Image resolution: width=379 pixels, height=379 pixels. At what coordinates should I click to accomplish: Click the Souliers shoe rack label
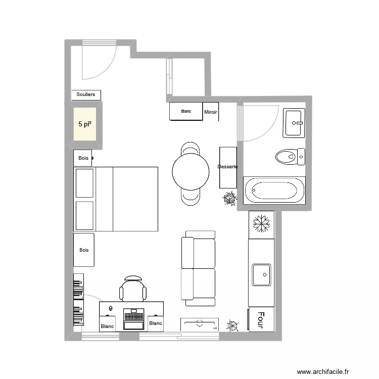point(85,94)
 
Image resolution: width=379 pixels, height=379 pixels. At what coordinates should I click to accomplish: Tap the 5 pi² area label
point(85,124)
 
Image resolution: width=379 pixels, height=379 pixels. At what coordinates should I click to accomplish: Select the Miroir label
point(211,112)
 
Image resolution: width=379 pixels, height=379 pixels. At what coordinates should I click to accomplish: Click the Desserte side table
point(228,167)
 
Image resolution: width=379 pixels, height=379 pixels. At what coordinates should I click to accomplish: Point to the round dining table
point(191,172)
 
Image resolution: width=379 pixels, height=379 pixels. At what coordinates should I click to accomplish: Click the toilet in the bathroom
point(290,157)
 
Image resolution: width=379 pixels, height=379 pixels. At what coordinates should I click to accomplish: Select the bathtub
point(274,190)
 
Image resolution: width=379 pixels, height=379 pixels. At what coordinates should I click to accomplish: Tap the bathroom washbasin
point(294,123)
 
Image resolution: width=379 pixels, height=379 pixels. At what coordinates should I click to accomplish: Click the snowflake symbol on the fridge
point(262,223)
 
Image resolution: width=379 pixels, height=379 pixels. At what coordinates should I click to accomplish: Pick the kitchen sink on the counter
point(262,275)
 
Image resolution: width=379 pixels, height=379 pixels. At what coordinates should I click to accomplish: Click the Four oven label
point(261,320)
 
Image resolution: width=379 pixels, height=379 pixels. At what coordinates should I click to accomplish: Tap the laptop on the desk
point(134,319)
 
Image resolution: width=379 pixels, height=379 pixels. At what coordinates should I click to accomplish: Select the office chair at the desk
point(133,289)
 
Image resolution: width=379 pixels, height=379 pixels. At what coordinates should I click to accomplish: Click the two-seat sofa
point(198,268)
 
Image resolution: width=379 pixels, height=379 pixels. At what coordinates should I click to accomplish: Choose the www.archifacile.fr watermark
point(323,371)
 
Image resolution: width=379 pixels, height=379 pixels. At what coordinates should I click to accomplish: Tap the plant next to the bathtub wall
point(229,199)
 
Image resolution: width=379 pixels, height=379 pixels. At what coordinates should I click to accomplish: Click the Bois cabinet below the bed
point(83,250)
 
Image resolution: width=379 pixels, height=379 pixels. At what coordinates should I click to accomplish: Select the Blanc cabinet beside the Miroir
point(186,111)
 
